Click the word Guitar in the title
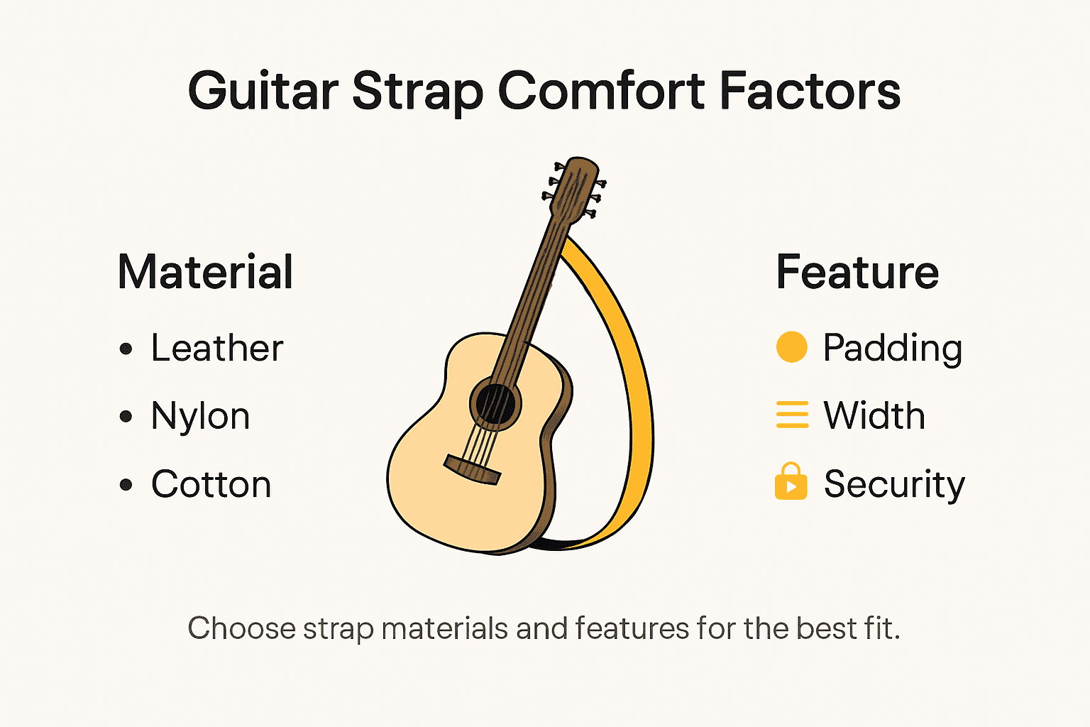263,92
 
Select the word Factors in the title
810,92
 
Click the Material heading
206,273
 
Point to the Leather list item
217,349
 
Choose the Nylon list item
200,417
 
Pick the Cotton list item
211,485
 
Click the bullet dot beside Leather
126,349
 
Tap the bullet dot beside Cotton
126,486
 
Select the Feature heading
857,273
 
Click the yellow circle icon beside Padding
792,347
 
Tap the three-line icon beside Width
792,415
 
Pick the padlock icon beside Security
791,483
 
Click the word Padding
893,349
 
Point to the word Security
894,486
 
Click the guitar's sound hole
495,405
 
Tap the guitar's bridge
473,469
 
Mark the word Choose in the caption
241,629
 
